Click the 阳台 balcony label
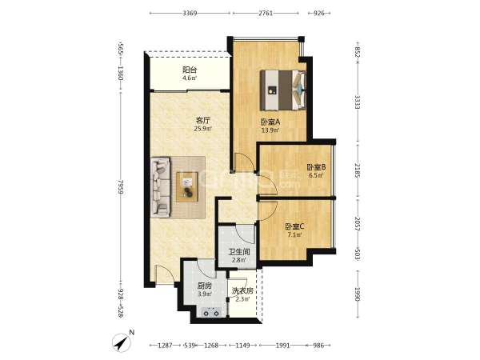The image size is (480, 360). click(190, 70)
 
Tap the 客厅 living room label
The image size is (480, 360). click(203, 120)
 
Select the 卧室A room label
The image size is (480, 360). click(271, 122)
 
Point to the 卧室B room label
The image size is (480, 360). click(316, 167)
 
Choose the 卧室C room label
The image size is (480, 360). click(294, 226)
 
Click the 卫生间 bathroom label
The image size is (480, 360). click(240, 252)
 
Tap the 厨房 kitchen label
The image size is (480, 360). click(205, 286)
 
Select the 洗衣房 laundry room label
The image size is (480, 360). click(242, 291)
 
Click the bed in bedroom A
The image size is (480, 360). click(283, 90)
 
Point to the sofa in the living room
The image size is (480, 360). click(161, 187)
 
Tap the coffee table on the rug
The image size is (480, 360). click(187, 186)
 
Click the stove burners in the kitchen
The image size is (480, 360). click(211, 313)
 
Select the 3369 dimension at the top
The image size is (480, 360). click(190, 13)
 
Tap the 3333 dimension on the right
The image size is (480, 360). click(358, 102)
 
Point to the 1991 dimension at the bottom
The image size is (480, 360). click(282, 346)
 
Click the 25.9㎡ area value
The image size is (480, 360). click(203, 129)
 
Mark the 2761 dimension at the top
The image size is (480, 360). click(266, 13)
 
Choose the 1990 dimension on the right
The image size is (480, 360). click(358, 294)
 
